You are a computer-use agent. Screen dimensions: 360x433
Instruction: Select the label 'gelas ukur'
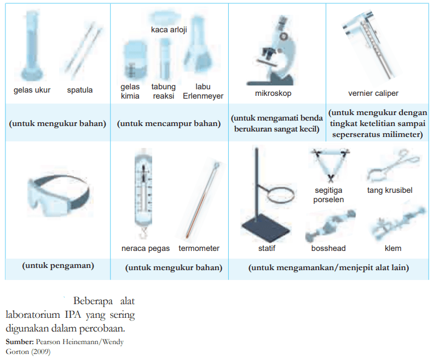32,90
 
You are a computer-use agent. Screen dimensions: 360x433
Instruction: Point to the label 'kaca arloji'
169,30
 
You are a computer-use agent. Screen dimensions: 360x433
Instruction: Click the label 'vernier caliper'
373,93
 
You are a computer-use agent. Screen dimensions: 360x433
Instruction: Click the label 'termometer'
199,248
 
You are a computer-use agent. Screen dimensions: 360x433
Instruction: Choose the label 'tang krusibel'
389,190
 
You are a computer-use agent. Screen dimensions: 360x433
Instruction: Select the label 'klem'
392,248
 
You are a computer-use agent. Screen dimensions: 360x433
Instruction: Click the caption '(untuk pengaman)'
58,266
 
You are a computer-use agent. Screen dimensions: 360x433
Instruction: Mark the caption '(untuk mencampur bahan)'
169,123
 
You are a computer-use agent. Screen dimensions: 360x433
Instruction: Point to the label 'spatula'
80,90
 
